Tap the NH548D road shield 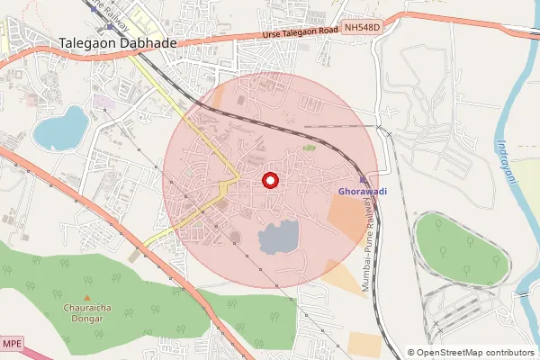[x=362, y=28]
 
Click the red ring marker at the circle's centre [x=268, y=181]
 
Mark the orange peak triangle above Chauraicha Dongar [x=87, y=298]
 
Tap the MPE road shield [x=11, y=344]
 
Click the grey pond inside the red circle [x=278, y=238]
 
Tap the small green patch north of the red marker [x=309, y=148]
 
